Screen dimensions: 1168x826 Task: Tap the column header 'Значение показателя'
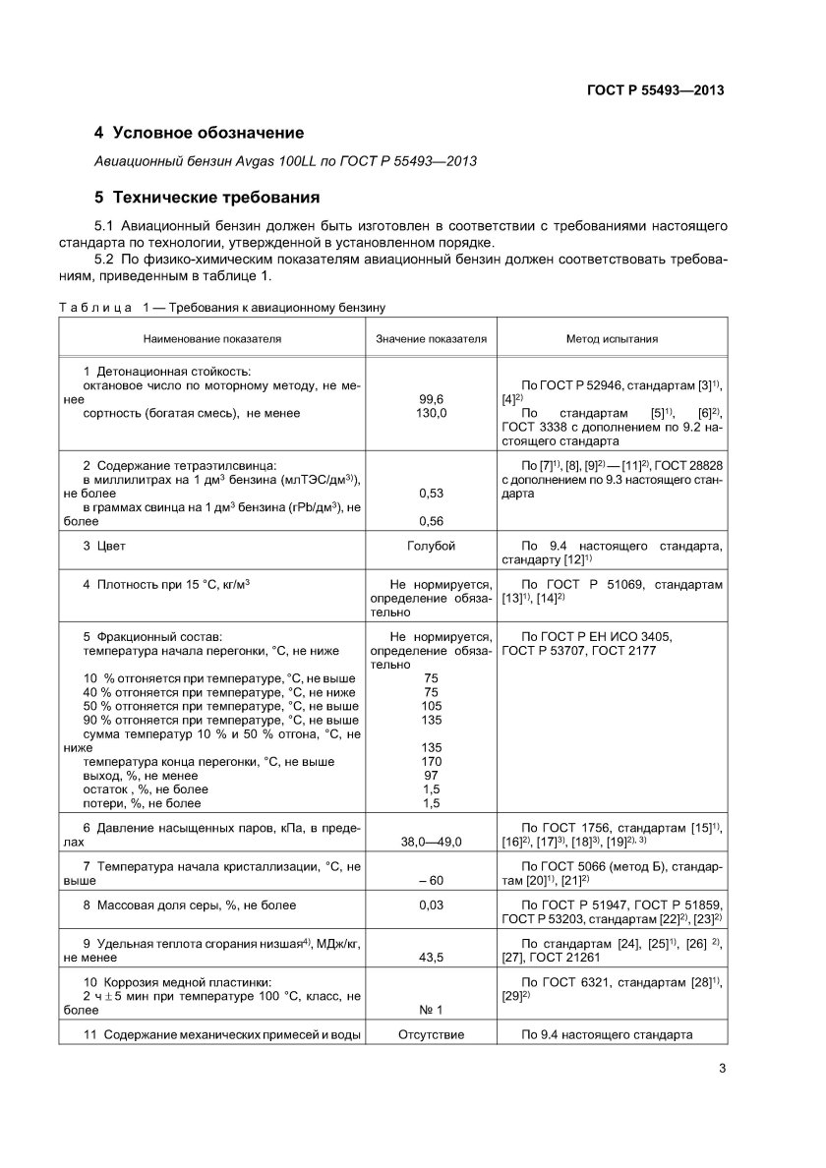432,339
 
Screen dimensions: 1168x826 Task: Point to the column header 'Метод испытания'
612,339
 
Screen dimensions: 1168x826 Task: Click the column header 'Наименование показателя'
211,339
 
